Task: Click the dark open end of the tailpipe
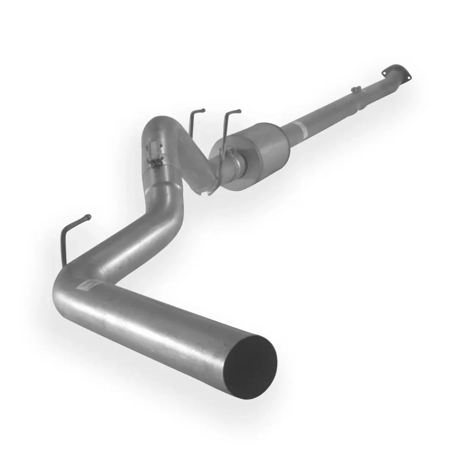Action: pos(251,366)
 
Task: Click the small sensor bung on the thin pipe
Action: pos(356,90)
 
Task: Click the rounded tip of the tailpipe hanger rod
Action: pos(89,217)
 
